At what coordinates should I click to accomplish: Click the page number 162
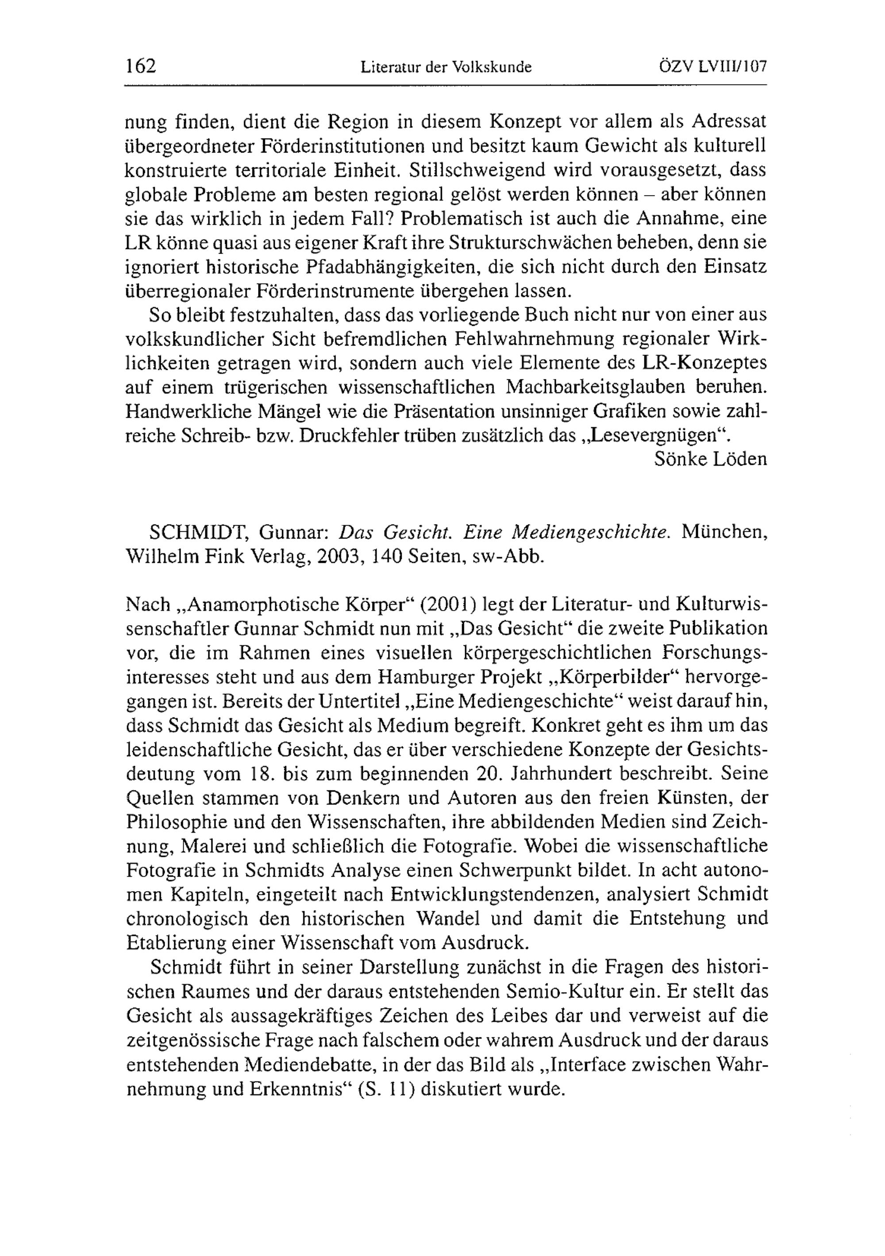(141, 66)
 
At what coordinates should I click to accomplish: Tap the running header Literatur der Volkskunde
(446, 67)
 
